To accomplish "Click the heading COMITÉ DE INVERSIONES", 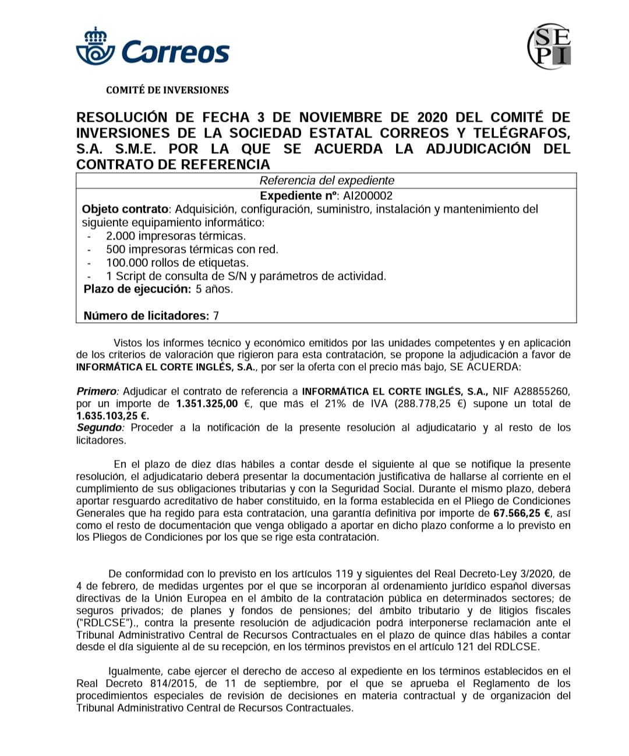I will coord(167,90).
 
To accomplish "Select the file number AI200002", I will coord(368,196).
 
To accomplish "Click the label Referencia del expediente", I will coord(327,181).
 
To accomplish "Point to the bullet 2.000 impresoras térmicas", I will coord(176,236).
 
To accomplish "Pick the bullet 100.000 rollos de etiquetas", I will coord(177,263).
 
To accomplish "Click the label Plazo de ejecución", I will coord(137,289).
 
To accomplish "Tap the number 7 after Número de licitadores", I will coord(216,316).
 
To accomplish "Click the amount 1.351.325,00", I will coord(207,404).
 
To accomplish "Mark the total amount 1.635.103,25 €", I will coord(112,416).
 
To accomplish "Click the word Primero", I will coord(97,391).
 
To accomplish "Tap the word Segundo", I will coord(100,428).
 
